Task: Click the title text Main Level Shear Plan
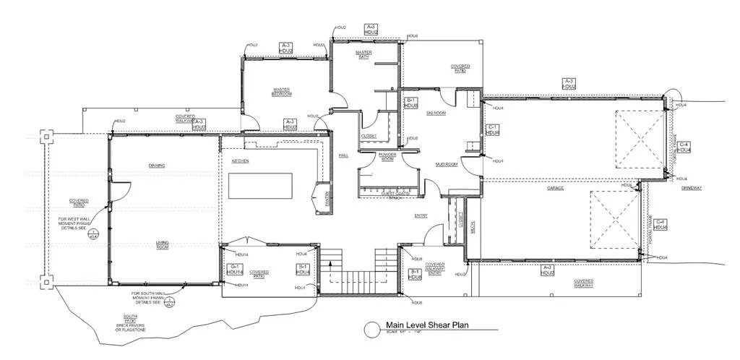pos(427,325)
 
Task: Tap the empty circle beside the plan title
pos(372,330)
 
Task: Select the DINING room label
pos(157,166)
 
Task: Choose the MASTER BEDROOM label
pos(282,92)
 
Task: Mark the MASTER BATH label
pos(363,54)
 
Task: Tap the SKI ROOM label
pos(435,113)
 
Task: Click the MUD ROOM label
pos(447,164)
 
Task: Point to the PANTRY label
pos(327,199)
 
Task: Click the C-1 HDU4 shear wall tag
pos(492,129)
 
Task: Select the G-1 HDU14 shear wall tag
pos(235,270)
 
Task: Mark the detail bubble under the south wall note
pos(170,304)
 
